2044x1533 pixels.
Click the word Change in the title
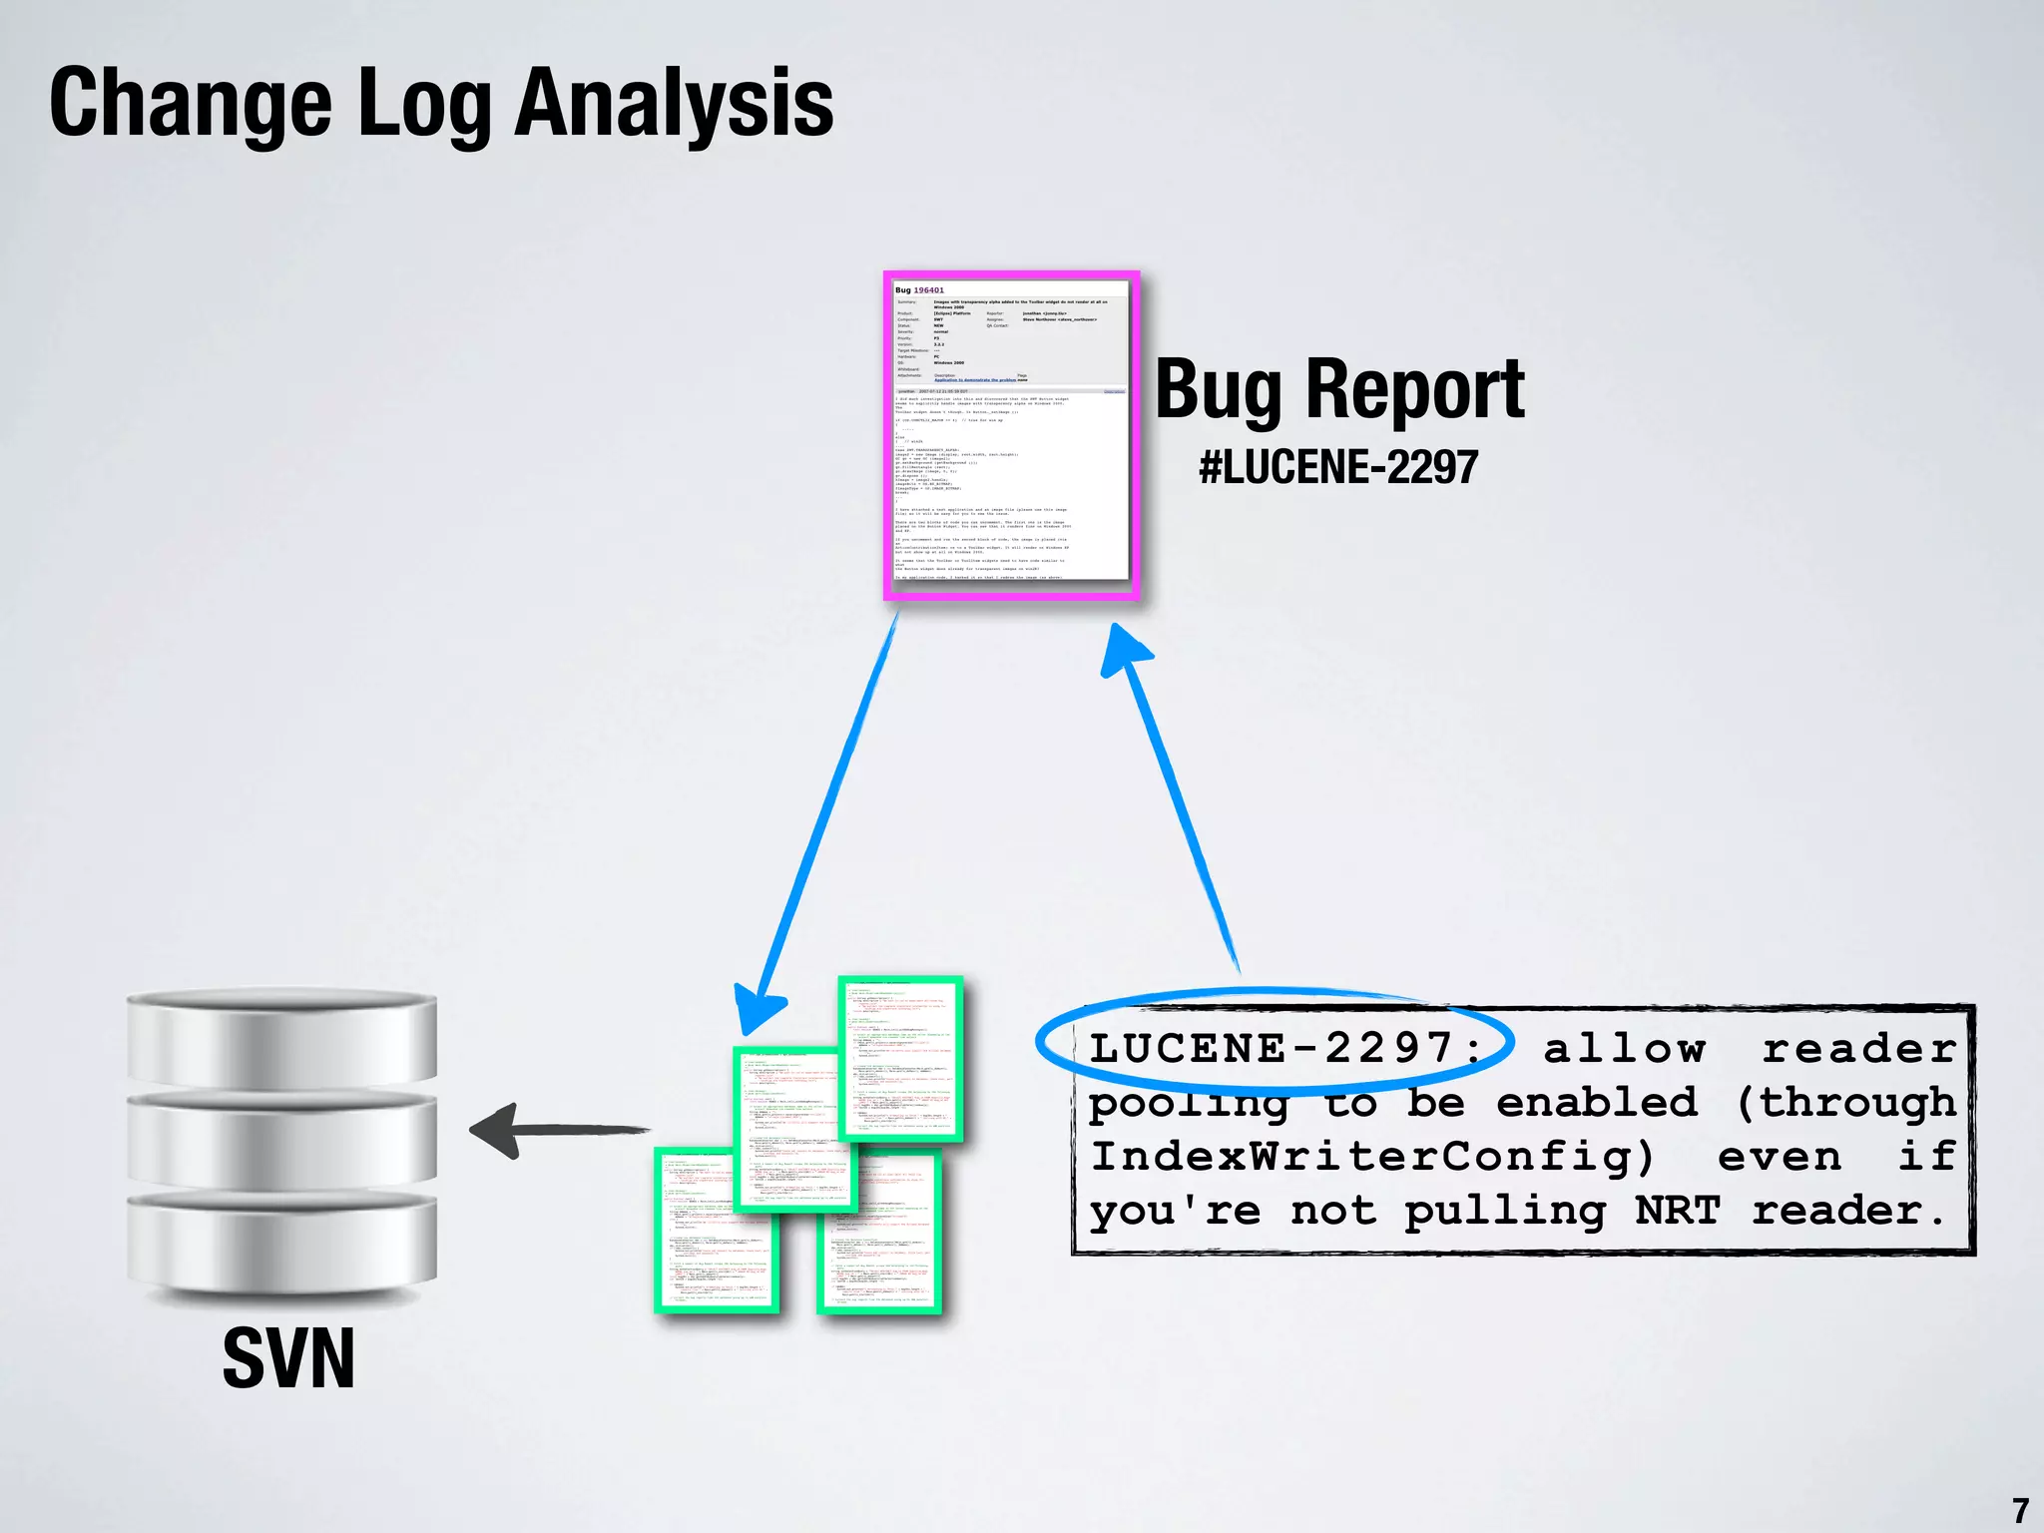click(190, 103)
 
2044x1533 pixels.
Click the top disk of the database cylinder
click(282, 1034)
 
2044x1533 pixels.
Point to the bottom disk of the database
click(282, 1243)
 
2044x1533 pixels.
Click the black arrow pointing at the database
click(559, 1130)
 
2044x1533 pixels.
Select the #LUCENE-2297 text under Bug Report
click(1338, 467)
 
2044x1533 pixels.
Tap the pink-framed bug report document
click(1011, 435)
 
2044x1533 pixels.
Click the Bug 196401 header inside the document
click(919, 290)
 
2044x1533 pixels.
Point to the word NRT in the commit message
click(1678, 1211)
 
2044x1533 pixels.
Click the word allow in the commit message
click(1624, 1048)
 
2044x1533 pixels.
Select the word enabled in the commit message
click(1597, 1103)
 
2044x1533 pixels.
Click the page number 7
click(2020, 1509)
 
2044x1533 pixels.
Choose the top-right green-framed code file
click(901, 1058)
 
